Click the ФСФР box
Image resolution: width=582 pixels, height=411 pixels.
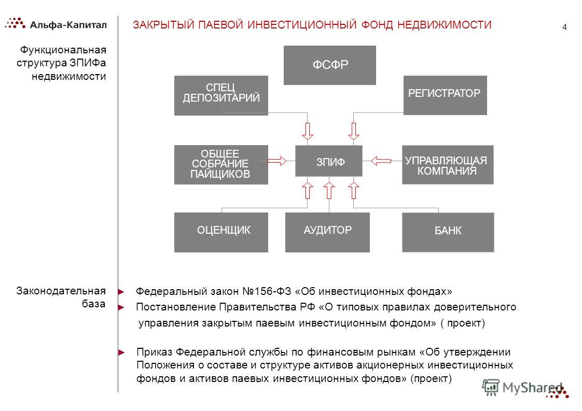[329, 65]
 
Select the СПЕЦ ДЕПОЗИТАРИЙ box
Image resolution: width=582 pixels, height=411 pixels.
[221, 95]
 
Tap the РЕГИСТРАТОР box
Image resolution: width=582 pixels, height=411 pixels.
[445, 95]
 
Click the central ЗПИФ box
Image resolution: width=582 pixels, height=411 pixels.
[328, 161]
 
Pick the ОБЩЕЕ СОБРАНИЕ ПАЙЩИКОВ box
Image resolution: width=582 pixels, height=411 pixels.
[221, 165]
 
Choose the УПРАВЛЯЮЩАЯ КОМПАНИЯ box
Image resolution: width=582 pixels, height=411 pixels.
[448, 165]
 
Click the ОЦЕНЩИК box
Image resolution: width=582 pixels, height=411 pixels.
[221, 232]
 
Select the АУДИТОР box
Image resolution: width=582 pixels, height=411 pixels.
[327, 232]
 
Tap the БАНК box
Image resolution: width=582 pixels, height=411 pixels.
[448, 232]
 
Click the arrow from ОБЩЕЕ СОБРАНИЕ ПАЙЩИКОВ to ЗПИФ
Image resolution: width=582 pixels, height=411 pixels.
[277, 161]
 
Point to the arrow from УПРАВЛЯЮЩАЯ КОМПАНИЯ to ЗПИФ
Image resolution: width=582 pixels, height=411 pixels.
[381, 161]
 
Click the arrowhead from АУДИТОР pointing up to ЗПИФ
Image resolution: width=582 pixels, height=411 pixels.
[329, 190]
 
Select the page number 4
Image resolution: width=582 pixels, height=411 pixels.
[564, 27]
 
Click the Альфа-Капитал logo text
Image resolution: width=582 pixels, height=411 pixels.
[68, 25]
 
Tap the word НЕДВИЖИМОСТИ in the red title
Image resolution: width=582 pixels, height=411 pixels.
[445, 25]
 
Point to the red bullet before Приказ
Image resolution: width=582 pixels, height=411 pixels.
[121, 352]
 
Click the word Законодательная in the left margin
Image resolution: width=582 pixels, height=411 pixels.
[61, 291]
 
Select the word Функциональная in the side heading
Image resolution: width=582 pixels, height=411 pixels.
[63, 50]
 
